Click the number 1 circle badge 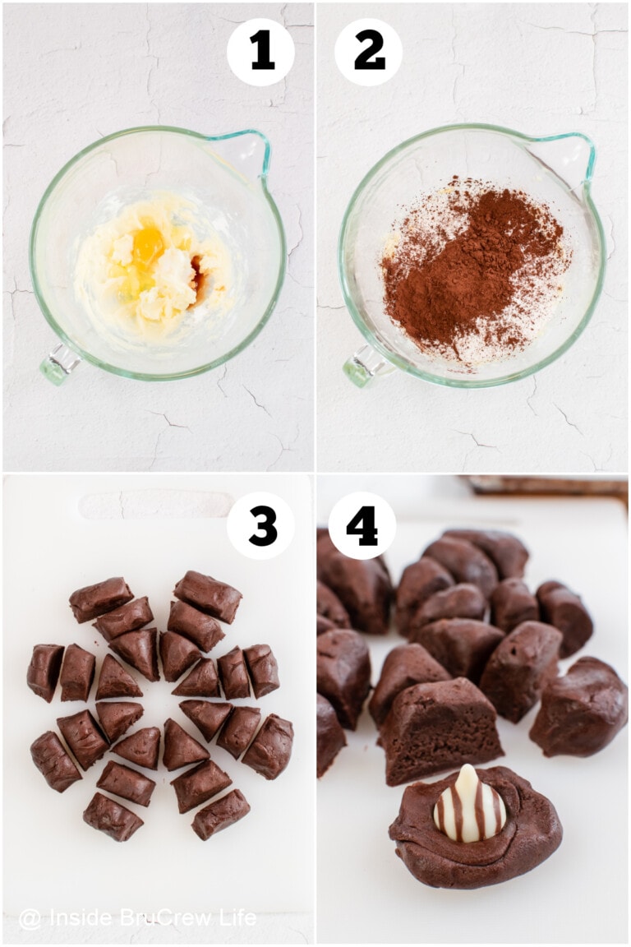tap(260, 52)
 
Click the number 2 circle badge tap(368, 52)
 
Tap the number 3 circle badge tap(260, 525)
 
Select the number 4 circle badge tap(362, 525)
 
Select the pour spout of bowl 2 tap(575, 148)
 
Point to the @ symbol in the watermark tap(30, 919)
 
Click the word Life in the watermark tap(236, 918)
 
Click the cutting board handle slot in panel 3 tap(156, 504)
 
